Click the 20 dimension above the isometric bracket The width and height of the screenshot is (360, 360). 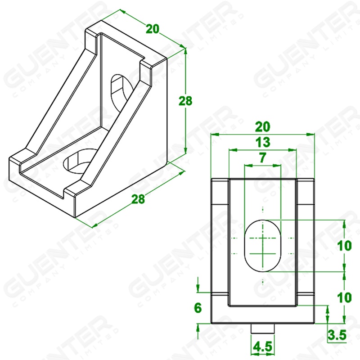tap(153, 29)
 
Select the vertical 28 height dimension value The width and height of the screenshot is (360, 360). tap(185, 101)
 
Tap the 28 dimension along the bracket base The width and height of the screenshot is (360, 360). tap(138, 199)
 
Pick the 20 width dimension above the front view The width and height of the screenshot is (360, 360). tap(263, 127)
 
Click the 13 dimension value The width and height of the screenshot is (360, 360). tap(263, 142)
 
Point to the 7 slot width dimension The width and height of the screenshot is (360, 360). tap(262, 157)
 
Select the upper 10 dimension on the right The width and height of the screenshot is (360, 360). tap(344, 246)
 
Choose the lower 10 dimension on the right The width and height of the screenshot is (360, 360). tap(344, 297)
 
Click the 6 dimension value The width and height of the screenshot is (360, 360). tap(198, 308)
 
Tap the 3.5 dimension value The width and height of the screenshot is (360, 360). tap(337, 335)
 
